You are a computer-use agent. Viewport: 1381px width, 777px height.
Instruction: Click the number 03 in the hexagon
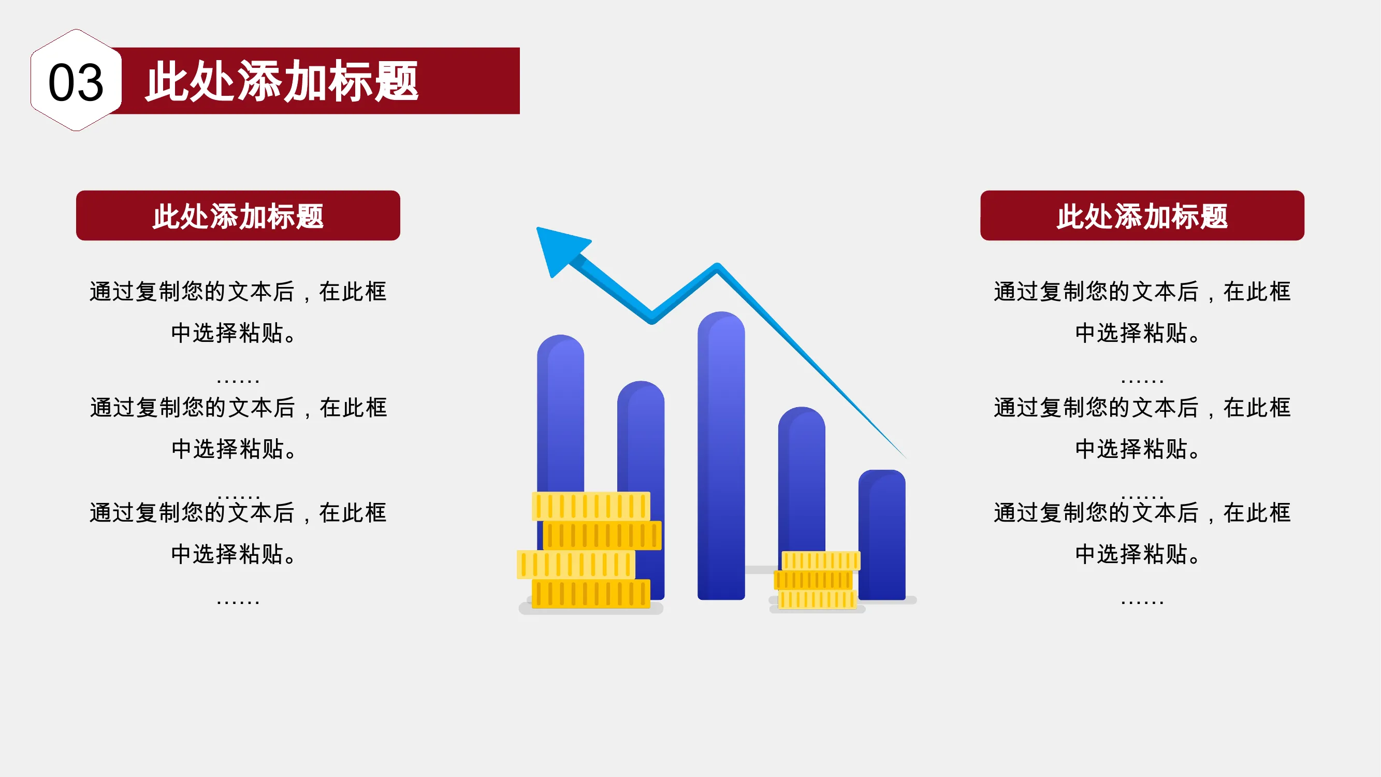76,82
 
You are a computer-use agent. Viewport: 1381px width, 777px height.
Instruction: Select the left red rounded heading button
238,215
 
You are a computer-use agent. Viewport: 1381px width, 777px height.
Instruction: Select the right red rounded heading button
1142,215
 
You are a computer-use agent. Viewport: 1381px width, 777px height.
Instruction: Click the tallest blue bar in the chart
721,456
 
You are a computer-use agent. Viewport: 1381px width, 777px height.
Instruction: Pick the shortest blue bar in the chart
882,535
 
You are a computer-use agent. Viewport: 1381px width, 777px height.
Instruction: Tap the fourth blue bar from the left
802,477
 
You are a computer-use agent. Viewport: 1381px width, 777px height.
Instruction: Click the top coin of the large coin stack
591,506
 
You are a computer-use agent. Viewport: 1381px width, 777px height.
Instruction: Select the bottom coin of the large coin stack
591,594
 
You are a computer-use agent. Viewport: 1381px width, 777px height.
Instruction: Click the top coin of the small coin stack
821,561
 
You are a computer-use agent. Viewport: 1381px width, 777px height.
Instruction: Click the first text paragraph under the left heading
238,311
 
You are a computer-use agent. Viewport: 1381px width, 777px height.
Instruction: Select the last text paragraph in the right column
1142,533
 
